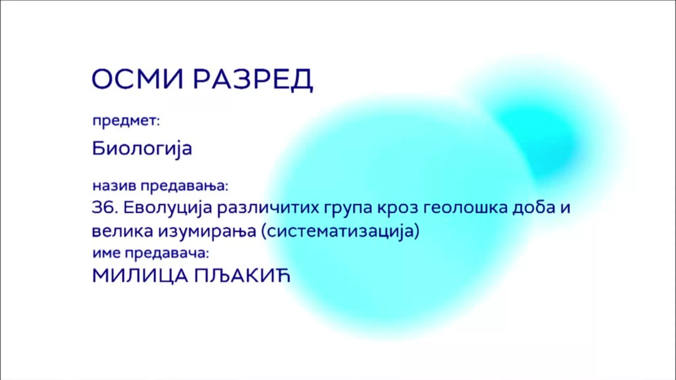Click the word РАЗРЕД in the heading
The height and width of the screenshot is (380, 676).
click(x=253, y=80)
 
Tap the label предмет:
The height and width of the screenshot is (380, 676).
click(x=126, y=121)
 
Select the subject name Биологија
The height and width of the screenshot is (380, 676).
click(x=142, y=148)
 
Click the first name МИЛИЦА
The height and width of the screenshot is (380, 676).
click(x=140, y=276)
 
